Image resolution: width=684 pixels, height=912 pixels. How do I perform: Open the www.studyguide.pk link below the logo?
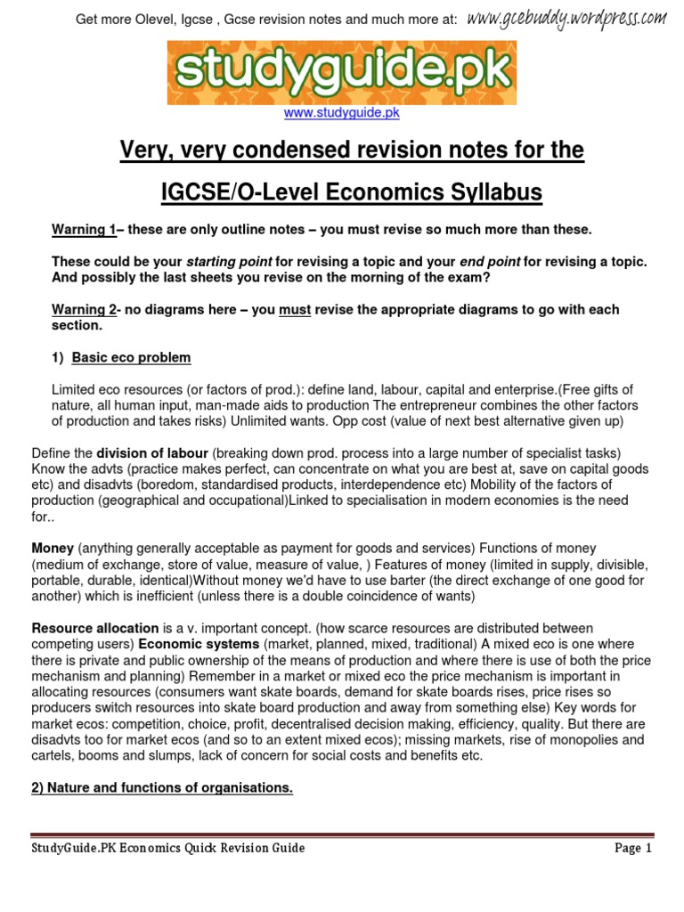[x=341, y=113]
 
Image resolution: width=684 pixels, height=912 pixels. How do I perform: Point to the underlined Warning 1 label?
[x=84, y=230]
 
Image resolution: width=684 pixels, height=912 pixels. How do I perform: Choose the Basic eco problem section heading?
[x=131, y=358]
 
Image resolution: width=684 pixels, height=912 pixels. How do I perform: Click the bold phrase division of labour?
[x=151, y=453]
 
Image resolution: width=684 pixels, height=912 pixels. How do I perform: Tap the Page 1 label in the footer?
[x=633, y=848]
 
